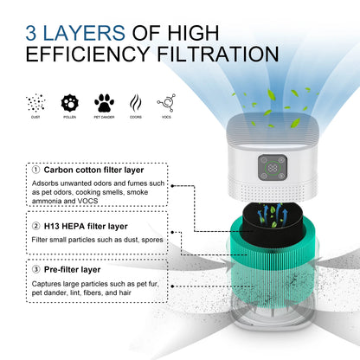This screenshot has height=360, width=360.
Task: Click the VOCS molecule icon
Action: coord(168,103)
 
